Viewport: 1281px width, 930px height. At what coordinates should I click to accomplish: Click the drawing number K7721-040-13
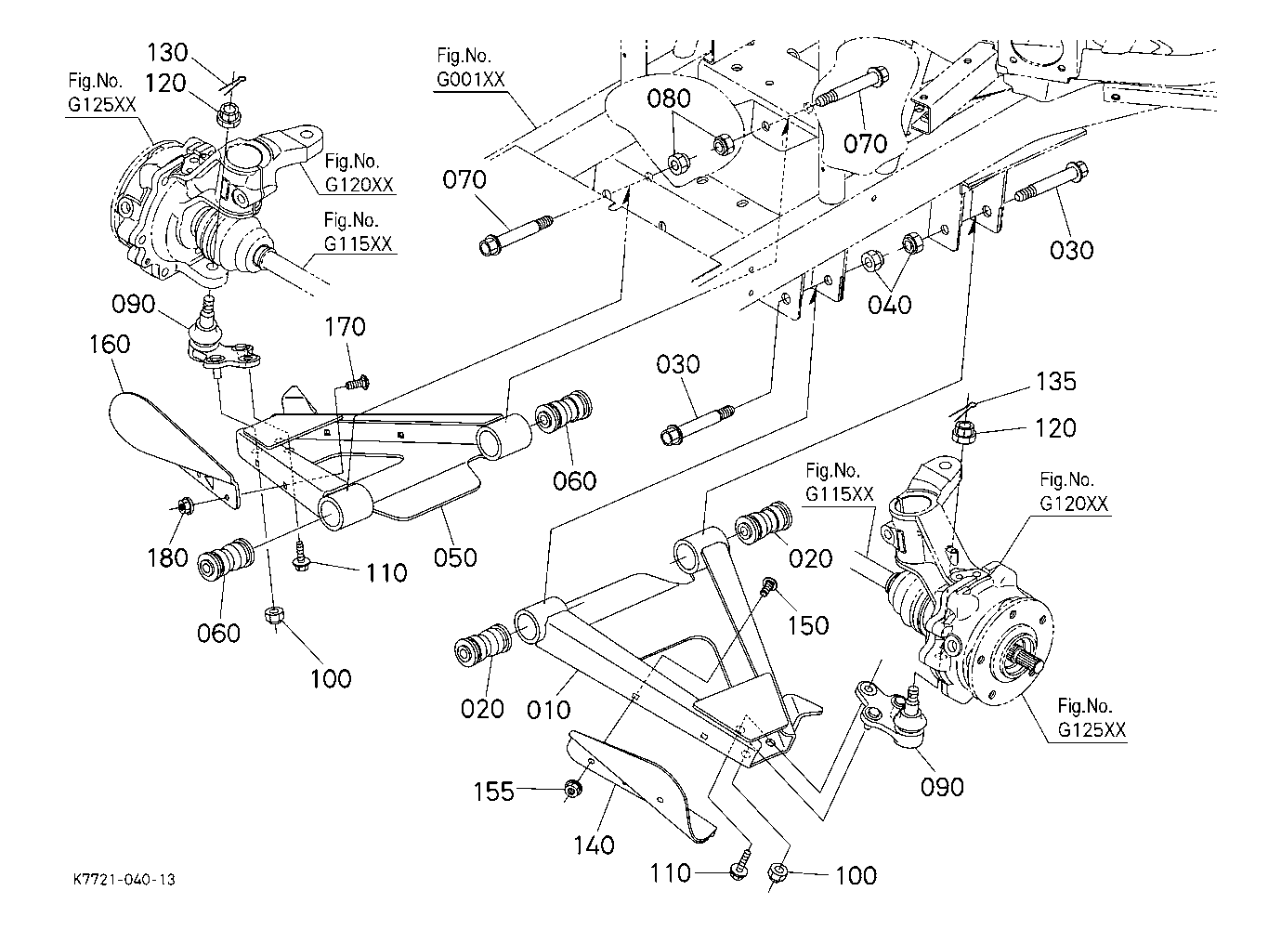pos(124,879)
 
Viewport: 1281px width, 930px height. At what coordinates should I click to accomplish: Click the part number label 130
pos(167,53)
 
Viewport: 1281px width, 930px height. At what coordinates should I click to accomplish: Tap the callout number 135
pos(1055,382)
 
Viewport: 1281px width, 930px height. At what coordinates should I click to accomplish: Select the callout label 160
pos(110,345)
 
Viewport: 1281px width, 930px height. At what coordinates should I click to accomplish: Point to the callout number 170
pos(345,327)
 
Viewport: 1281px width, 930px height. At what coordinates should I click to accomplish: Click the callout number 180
pos(167,557)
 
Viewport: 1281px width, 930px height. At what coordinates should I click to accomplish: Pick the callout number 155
pos(494,792)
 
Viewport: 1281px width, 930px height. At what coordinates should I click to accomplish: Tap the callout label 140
pos(595,845)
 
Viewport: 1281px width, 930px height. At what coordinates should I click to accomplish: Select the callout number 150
pos(808,625)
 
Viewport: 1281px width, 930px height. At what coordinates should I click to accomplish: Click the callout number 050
pos(455,557)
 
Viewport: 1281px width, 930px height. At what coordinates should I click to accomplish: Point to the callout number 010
pos(548,711)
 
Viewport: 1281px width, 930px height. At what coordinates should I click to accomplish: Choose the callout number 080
pos(669,99)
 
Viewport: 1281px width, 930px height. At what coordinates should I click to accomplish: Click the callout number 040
pos(890,306)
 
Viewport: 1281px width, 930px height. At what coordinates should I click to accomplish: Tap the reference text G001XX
pos(471,80)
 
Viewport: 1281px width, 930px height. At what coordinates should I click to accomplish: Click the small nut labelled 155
pos(572,790)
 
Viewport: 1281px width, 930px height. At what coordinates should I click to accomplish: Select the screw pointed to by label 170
pos(358,382)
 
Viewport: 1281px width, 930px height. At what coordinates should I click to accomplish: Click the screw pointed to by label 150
pos(768,587)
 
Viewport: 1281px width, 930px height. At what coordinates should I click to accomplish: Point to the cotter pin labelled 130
pos(233,84)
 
